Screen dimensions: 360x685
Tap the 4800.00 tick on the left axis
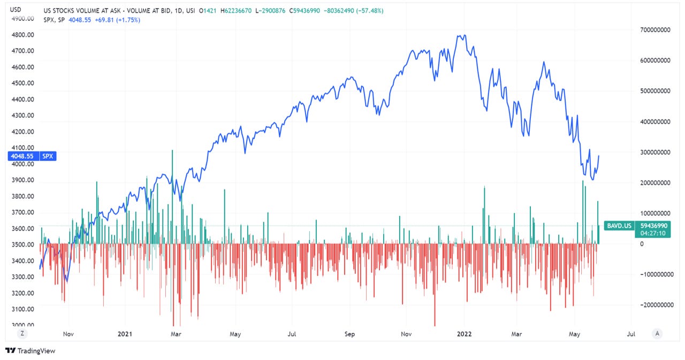pos(23,35)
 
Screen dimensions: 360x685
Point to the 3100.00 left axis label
pos(23,309)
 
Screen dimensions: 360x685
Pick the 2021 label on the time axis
pos(124,334)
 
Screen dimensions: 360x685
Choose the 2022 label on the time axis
pos(463,334)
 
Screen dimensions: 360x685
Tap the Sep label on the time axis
pos(349,334)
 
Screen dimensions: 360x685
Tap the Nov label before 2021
pos(68,334)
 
